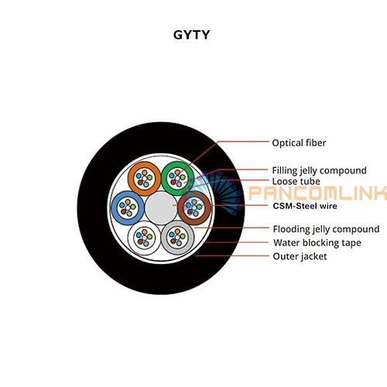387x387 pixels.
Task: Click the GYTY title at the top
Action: pos(191,35)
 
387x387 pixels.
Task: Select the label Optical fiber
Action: pos(299,143)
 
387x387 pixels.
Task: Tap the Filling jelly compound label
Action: pos(319,170)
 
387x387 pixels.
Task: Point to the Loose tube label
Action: pos(296,181)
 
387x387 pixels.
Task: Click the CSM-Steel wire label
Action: pos(305,206)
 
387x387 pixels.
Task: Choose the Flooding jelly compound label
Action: pos(326,229)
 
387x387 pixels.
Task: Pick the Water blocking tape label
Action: pos(317,243)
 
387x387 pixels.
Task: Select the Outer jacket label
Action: pos(300,256)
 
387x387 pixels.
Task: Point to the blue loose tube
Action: pos(115,207)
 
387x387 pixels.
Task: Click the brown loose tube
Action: pos(207,207)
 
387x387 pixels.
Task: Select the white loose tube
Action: pos(132,238)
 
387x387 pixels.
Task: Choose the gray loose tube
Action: pos(165,238)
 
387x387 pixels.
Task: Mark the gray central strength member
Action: pos(161,208)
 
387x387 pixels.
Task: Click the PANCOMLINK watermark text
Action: pos(317,193)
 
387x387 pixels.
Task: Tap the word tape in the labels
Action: pos(351,243)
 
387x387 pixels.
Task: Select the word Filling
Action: pos(285,170)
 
